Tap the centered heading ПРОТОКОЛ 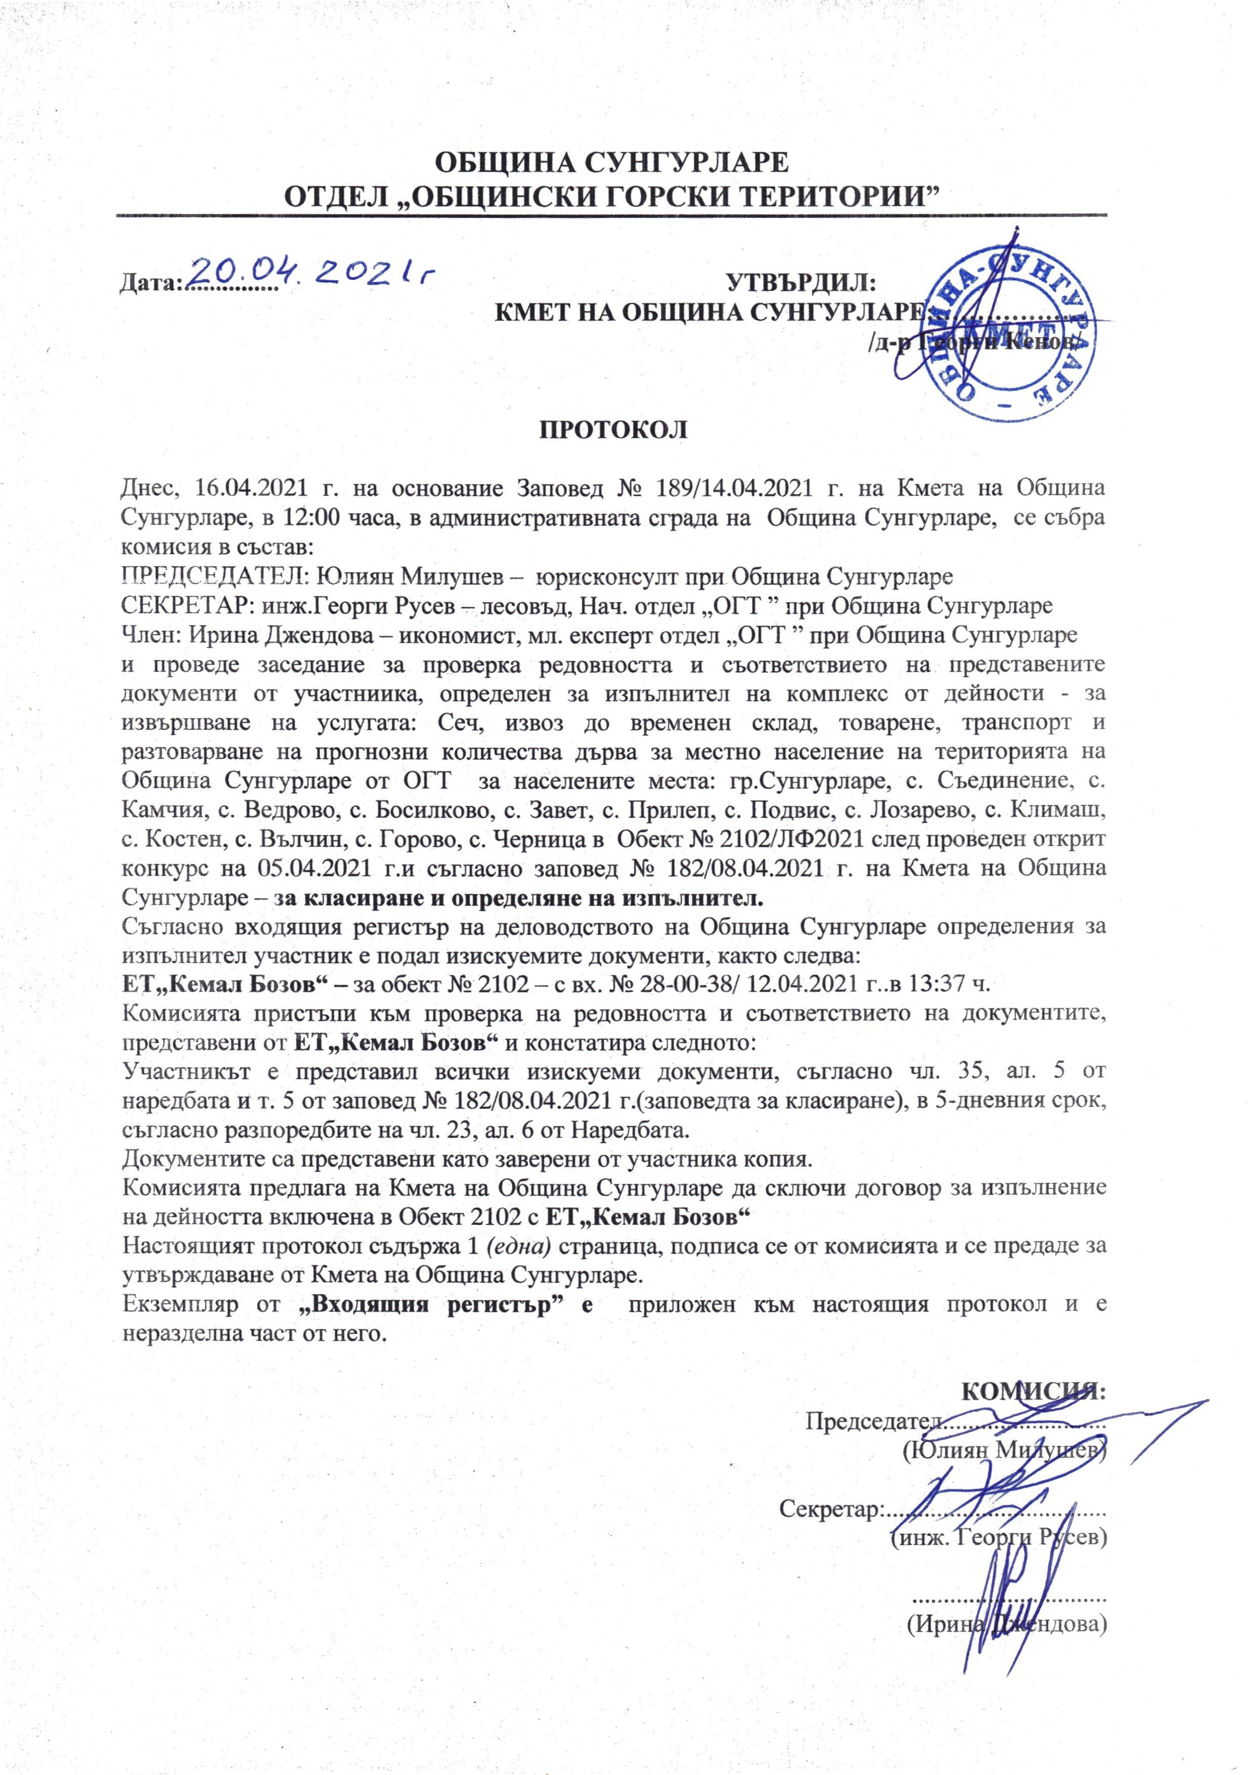[x=612, y=430]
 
